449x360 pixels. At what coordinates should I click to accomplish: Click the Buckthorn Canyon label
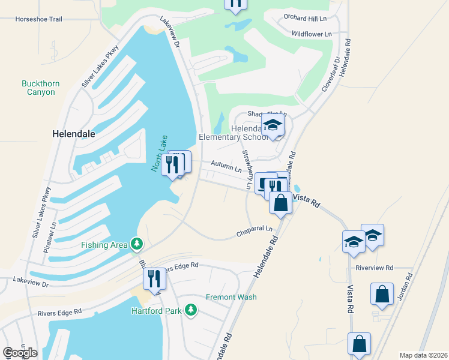click(41, 88)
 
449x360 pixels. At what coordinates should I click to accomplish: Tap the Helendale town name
click(74, 134)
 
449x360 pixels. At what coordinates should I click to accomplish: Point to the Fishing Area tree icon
click(138, 244)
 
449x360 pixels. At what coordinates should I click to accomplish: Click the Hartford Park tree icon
click(191, 310)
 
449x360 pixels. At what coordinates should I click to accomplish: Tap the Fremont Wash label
click(231, 297)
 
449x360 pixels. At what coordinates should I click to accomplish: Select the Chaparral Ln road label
click(254, 229)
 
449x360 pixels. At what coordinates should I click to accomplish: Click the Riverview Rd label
click(374, 268)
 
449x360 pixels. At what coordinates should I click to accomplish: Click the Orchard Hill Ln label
click(308, 18)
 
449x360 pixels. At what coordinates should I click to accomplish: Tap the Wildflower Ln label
click(312, 34)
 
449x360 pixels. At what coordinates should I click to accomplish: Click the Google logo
click(20, 352)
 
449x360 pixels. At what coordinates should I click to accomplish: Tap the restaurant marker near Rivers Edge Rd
click(154, 278)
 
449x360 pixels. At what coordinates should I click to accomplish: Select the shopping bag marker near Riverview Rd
click(382, 295)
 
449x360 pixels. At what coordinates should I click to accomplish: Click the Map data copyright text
click(423, 355)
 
